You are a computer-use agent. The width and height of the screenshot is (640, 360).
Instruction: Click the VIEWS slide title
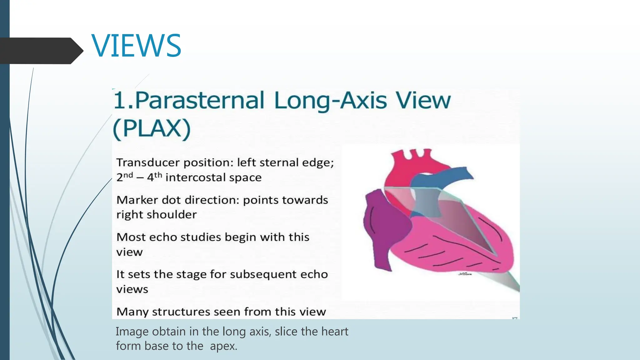click(136, 46)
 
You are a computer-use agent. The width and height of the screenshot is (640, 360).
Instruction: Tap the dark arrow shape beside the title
click(41, 51)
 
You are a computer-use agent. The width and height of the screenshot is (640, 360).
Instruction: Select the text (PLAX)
click(152, 128)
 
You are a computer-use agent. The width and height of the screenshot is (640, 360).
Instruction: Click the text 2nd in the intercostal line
click(124, 177)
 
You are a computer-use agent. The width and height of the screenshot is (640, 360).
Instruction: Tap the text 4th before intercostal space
click(154, 177)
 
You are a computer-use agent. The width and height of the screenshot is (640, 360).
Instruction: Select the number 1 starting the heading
click(119, 101)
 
